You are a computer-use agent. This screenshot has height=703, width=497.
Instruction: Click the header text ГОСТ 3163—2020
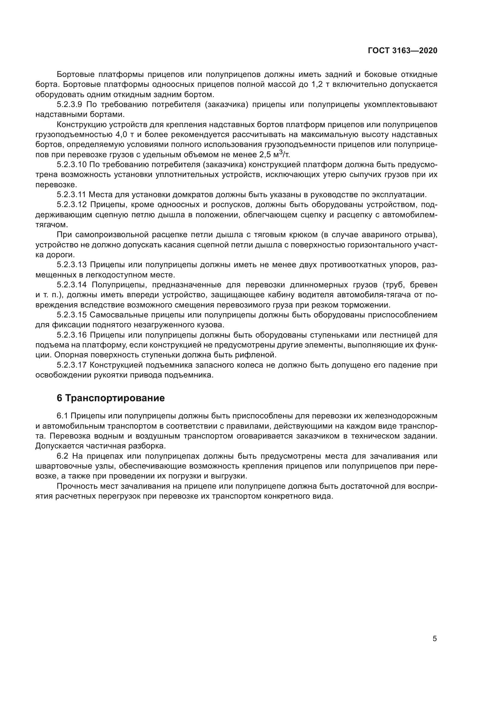402,51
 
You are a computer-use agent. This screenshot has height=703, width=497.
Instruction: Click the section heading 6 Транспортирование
111,398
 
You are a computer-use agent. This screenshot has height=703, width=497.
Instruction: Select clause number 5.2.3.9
69,105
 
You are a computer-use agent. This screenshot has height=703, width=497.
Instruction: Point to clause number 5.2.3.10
72,165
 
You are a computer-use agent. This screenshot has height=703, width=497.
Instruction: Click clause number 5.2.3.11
71,195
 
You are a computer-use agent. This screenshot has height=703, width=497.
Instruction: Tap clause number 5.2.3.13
72,265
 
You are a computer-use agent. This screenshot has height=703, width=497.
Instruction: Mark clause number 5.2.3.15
72,315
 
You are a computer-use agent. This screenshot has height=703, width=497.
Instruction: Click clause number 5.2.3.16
72,335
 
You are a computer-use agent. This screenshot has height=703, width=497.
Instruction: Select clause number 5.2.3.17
72,365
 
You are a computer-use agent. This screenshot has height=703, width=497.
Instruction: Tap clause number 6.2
63,456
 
